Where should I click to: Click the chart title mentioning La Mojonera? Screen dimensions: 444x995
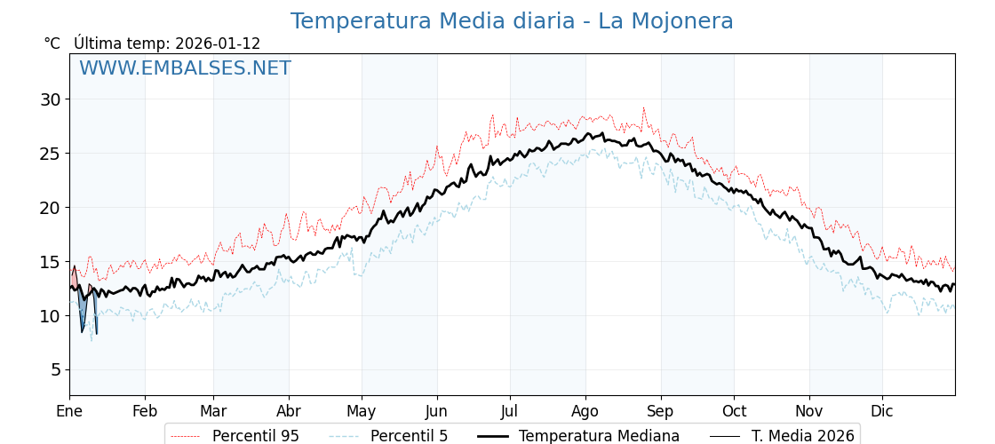pyautogui.click(x=512, y=21)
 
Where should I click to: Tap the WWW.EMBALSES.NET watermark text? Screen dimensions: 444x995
pyautogui.click(x=185, y=68)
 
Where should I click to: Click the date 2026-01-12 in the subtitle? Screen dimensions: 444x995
pyautogui.click(x=218, y=44)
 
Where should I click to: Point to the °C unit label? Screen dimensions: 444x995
pyautogui.click(x=52, y=44)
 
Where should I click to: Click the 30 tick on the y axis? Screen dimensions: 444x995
pyautogui.click(x=50, y=99)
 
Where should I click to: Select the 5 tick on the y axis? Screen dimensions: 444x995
pyautogui.click(x=55, y=369)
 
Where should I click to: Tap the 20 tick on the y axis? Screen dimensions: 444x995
pyautogui.click(x=50, y=208)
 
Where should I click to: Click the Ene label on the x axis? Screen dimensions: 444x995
pyautogui.click(x=69, y=411)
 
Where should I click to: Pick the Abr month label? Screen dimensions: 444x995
pyautogui.click(x=289, y=411)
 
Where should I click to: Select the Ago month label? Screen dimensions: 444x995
pyautogui.click(x=585, y=411)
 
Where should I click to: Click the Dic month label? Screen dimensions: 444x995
pyautogui.click(x=882, y=411)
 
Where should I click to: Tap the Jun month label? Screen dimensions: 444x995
pyautogui.click(x=436, y=411)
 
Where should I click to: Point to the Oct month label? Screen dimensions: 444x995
pyautogui.click(x=734, y=411)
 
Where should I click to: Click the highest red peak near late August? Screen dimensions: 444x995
pyautogui.click(x=644, y=109)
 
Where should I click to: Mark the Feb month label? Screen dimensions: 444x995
pyautogui.click(x=145, y=411)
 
